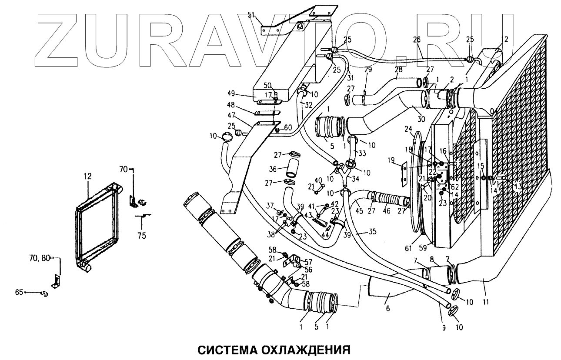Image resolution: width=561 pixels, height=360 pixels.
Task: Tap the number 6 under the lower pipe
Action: tap(387, 308)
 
